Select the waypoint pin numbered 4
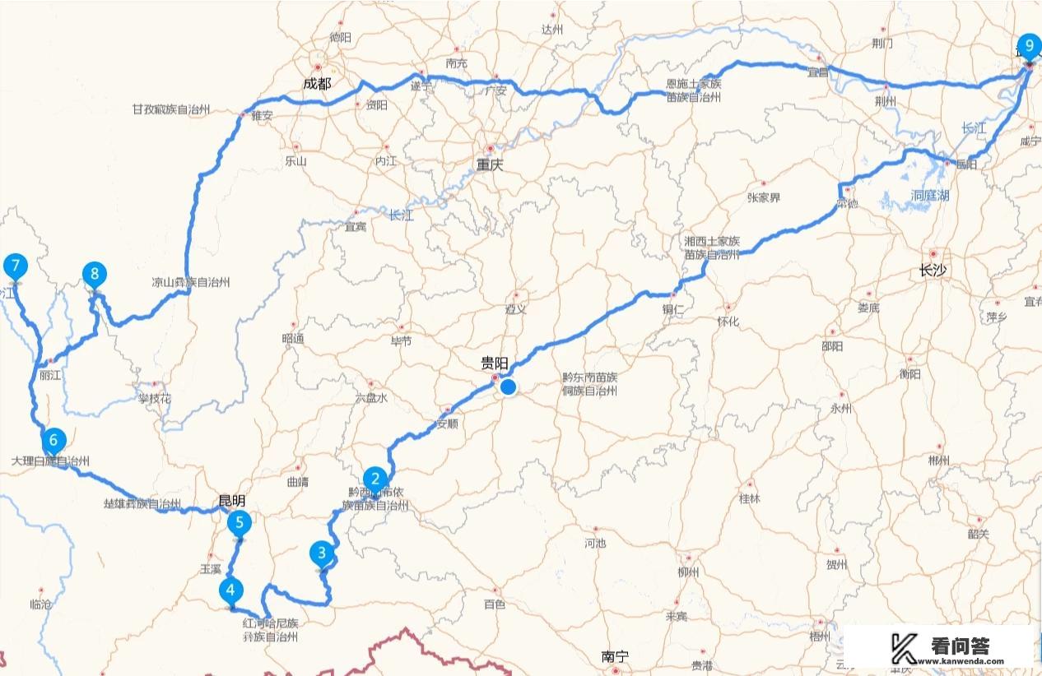click(231, 590)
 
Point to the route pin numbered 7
click(15, 266)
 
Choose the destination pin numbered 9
click(1029, 46)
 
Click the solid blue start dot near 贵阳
click(509, 387)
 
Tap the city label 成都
click(316, 84)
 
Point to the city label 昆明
click(231, 500)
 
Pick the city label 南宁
click(615, 656)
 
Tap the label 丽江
click(50, 374)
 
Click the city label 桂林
click(749, 498)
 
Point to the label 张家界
click(763, 197)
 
